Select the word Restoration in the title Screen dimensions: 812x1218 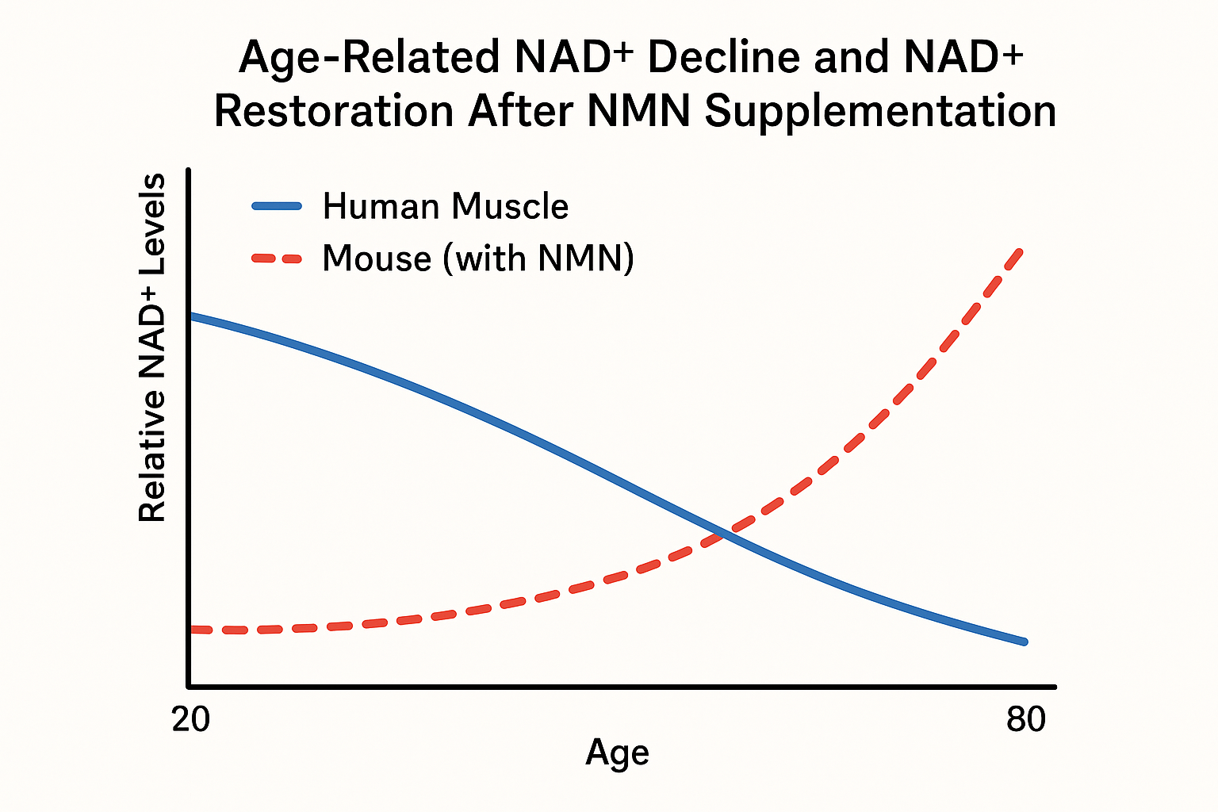coord(334,111)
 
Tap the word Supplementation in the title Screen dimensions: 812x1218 coord(880,112)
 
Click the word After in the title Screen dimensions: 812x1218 coord(520,111)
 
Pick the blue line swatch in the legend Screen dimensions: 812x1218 coord(277,206)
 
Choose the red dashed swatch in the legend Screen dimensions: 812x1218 coord(277,259)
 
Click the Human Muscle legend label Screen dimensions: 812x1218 coord(446,206)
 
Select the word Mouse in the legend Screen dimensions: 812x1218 coord(376,259)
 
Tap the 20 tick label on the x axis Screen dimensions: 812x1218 coord(190,720)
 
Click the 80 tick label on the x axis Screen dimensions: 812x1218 coord(1026,720)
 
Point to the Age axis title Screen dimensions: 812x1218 coord(617,753)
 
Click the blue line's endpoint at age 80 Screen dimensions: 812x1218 coord(1025,642)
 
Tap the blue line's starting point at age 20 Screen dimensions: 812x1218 coord(192,316)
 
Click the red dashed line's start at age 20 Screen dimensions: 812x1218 coord(193,630)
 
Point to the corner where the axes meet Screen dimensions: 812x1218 coord(189,686)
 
